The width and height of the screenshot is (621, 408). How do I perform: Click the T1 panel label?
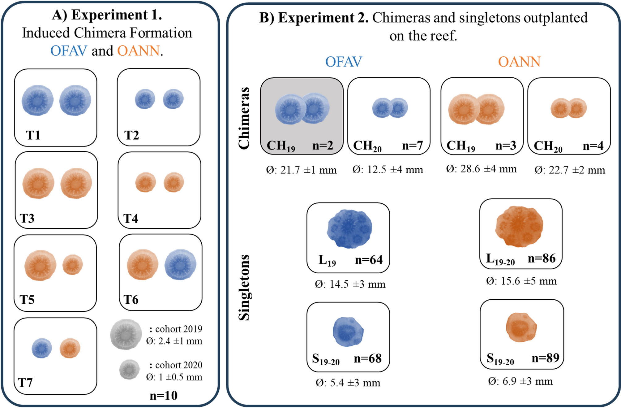(33, 135)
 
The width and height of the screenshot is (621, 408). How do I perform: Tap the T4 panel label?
(131, 219)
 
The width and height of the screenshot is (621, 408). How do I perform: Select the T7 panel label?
(25, 383)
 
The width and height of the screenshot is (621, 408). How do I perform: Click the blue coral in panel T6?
(180, 265)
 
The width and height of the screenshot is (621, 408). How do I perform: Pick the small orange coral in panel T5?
(73, 265)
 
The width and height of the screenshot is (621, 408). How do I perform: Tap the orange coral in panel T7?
(70, 348)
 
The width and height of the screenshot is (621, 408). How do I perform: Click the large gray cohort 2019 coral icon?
(126, 335)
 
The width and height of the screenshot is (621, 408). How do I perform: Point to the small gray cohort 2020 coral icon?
(129, 369)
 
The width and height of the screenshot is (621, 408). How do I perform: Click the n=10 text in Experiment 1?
(164, 395)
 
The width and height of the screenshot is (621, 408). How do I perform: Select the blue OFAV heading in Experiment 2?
(343, 62)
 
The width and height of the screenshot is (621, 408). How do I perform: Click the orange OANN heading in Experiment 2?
(519, 62)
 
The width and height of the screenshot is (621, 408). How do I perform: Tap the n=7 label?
(412, 145)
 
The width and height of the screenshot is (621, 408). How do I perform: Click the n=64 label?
(369, 259)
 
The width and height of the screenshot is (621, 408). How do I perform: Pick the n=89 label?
(546, 358)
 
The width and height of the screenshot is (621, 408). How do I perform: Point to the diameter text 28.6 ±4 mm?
(481, 169)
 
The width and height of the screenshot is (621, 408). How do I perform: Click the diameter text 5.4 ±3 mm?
(348, 383)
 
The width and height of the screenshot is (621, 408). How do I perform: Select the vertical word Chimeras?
(244, 118)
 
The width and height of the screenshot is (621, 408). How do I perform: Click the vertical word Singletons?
(244, 287)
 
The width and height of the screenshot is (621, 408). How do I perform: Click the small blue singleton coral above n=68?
(348, 331)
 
